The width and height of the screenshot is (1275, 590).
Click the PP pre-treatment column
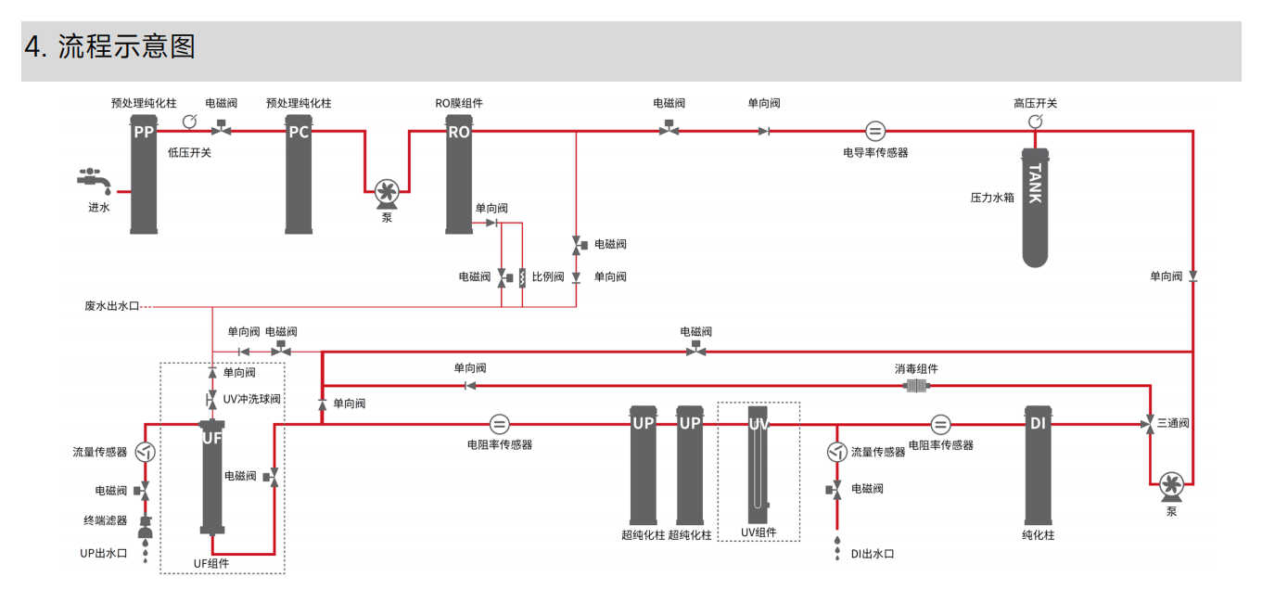click(143, 176)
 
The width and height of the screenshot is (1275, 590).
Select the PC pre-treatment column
click(299, 176)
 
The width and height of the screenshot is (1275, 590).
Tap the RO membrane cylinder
click(459, 176)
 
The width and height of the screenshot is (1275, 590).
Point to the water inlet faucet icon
click(96, 178)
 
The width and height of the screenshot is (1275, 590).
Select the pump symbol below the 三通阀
click(1170, 484)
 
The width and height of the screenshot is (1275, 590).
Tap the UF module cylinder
click(212, 478)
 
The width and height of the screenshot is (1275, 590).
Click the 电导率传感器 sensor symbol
click(875, 131)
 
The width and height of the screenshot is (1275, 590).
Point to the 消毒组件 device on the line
click(916, 386)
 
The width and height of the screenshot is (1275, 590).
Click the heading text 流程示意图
click(127, 46)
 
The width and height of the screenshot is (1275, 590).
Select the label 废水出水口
click(111, 305)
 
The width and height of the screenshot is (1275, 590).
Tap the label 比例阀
click(547, 276)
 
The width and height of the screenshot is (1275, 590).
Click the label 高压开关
click(1035, 103)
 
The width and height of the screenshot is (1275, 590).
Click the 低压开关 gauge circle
click(190, 122)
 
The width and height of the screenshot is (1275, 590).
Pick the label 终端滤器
click(105, 520)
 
